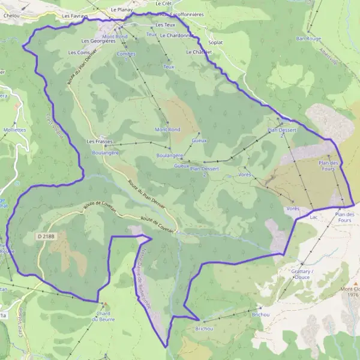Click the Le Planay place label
point(121,10)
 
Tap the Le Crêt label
point(163,3)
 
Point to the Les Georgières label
point(98,41)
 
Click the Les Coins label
point(80,53)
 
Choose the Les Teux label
point(165,25)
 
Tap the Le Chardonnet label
point(178,35)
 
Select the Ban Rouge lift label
point(308,38)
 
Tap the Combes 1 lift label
point(126,57)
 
